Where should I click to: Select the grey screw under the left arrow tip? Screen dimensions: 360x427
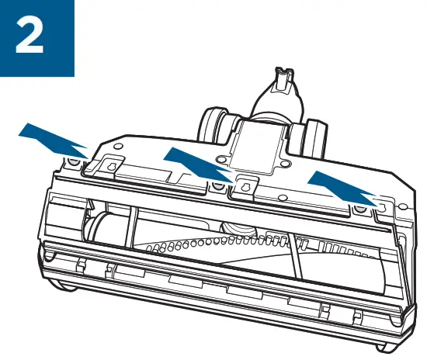click(72, 161)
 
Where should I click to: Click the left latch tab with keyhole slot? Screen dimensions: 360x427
click(108, 164)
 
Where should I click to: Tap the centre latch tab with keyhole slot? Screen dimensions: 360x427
click(248, 187)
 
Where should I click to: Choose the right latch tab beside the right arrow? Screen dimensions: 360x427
click(381, 202)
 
